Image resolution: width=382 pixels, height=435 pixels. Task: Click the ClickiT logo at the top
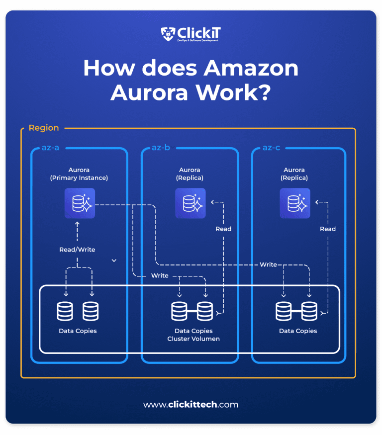[x=191, y=34]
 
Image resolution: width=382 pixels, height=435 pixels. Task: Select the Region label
[x=44, y=128]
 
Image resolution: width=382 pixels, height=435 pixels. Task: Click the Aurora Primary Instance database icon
[x=80, y=203]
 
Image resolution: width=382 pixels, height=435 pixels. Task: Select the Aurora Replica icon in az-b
[x=190, y=203]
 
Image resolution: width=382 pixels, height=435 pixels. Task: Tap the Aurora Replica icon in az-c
[x=294, y=203]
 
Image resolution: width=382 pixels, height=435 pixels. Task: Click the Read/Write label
[x=77, y=250]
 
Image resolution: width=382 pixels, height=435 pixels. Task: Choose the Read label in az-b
[x=223, y=229]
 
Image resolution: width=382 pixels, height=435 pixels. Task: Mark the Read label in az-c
[x=328, y=229]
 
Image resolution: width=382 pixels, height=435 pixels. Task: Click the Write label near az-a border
[x=160, y=275]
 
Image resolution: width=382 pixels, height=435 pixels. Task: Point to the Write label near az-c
[x=268, y=264]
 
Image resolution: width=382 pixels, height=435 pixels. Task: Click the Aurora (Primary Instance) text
[x=79, y=174]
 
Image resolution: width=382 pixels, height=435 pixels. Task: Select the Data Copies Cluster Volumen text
[x=193, y=335]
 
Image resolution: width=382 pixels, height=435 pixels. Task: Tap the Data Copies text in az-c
[x=298, y=331]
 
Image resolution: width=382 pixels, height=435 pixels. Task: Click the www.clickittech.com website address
[x=191, y=405]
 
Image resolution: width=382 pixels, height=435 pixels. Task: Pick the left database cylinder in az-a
[x=65, y=311]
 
